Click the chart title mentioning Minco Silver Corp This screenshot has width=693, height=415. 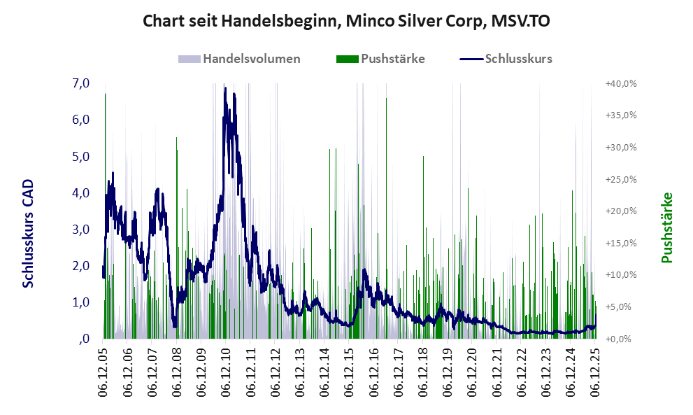pos(346,21)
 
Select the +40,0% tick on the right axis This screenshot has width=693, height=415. pos(620,83)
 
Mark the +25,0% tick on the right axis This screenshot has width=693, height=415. pos(620,179)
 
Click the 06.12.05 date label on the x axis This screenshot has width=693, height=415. pos(103,374)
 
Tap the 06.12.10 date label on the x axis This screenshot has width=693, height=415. pos(226,374)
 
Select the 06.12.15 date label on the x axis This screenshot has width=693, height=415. pos(348,374)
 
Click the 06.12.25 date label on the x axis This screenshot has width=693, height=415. pos(594,374)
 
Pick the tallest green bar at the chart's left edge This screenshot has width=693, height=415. pos(105,210)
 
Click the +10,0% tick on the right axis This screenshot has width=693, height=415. pos(620,275)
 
